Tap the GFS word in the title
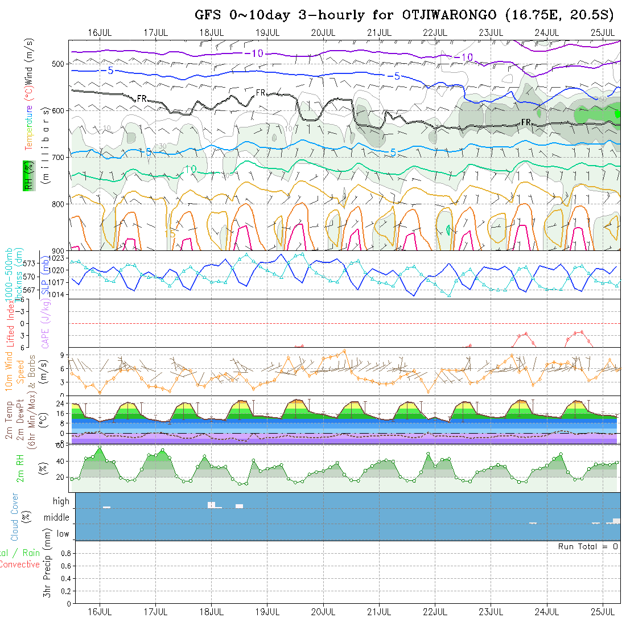pyautogui.click(x=208, y=15)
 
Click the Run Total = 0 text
pyautogui.click(x=588, y=546)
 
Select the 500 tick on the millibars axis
pyautogui.click(x=60, y=63)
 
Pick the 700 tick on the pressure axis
pyautogui.click(x=60, y=156)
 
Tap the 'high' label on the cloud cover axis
pyautogui.click(x=61, y=501)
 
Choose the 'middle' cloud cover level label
pyautogui.click(x=57, y=518)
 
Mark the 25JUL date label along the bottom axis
pyautogui.click(x=603, y=612)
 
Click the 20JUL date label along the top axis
pyautogui.click(x=323, y=32)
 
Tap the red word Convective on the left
pyautogui.click(x=19, y=565)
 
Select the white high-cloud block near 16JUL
pyautogui.click(x=106, y=507)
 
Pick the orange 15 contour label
pyautogui.click(x=170, y=233)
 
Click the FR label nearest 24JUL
pyautogui.click(x=526, y=122)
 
